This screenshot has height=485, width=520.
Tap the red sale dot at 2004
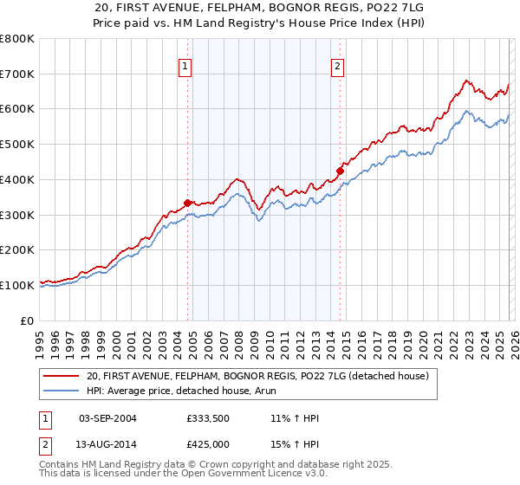(x=187, y=203)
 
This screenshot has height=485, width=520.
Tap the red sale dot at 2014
(x=340, y=171)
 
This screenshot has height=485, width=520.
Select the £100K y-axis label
(x=17, y=285)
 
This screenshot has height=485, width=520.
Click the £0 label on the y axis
(x=28, y=320)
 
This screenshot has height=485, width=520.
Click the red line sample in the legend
(x=62, y=377)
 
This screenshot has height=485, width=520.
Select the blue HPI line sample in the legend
(x=62, y=391)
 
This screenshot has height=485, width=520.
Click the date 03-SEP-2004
(x=107, y=419)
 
